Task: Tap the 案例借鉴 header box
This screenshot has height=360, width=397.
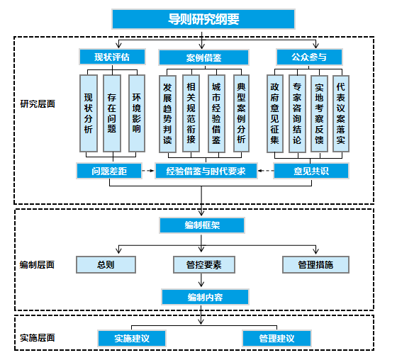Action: tap(203, 57)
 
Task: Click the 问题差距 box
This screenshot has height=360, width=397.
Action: tap(108, 171)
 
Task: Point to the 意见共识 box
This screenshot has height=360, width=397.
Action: tap(311, 171)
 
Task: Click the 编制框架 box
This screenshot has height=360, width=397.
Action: tap(203, 225)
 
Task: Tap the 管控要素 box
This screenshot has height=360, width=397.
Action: tap(203, 265)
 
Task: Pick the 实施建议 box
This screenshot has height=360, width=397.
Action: tap(132, 338)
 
